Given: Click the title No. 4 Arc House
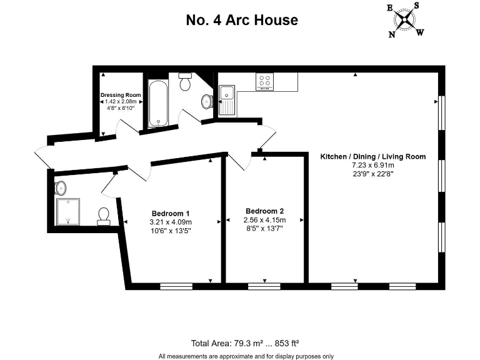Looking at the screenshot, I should pyautogui.click(x=242, y=20).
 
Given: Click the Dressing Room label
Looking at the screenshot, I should pyautogui.click(x=121, y=95).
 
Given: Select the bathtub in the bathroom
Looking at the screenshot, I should pyautogui.click(x=158, y=102).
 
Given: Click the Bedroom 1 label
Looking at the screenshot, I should pyautogui.click(x=170, y=212).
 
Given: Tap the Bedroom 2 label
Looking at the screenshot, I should pyautogui.click(x=264, y=211).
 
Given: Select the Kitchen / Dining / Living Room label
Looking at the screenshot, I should pyautogui.click(x=373, y=156).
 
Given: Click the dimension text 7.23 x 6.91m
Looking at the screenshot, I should pyautogui.click(x=373, y=166).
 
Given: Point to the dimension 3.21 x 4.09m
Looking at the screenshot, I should pyautogui.click(x=170, y=221).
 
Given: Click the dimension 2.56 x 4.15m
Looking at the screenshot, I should pyautogui.click(x=264, y=220).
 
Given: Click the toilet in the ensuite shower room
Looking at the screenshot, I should pyautogui.click(x=104, y=216).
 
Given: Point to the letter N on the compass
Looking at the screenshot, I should pyautogui.click(x=392, y=35).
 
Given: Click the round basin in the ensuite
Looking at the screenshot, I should pyautogui.click(x=61, y=187).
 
